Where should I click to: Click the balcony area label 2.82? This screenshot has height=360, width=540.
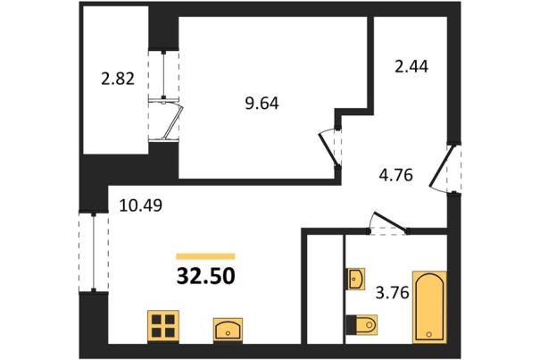pyautogui.click(x=118, y=79)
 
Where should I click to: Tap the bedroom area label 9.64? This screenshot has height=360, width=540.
pyautogui.click(x=262, y=103)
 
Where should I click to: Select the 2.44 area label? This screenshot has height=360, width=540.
pyautogui.click(x=411, y=66)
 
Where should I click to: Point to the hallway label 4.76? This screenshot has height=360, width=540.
pyautogui.click(x=395, y=175)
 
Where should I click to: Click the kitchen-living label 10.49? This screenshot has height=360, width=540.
pyautogui.click(x=140, y=205)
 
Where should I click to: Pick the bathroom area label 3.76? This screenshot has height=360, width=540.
pyautogui.click(x=392, y=293)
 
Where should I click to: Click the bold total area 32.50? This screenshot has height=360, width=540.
pyautogui.click(x=206, y=276)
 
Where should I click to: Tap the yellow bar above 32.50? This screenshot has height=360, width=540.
pyautogui.click(x=205, y=255)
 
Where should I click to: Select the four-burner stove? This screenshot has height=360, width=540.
pyautogui.click(x=163, y=326)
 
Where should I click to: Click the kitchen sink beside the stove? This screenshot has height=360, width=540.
pyautogui.click(x=228, y=330)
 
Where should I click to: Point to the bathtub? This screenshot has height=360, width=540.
pyautogui.click(x=429, y=307)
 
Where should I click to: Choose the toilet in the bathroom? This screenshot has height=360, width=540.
pyautogui.click(x=361, y=324)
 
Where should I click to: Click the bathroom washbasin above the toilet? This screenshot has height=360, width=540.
pyautogui.click(x=355, y=279)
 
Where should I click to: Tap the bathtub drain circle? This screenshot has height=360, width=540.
pyautogui.click(x=429, y=334)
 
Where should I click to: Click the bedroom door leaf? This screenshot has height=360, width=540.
pyautogui.click(x=328, y=149)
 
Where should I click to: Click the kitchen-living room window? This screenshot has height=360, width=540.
pyautogui.click(x=94, y=253)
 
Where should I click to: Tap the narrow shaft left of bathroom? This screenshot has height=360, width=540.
pyautogui.click(x=326, y=289)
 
